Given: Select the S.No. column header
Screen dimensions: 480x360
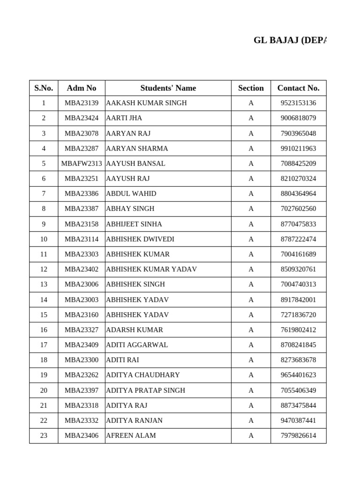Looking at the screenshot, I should click(44, 88).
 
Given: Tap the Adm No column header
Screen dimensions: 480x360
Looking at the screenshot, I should click(82, 88).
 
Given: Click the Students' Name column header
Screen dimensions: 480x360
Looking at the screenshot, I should click(168, 88).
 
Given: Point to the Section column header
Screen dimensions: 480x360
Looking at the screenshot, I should click(251, 88).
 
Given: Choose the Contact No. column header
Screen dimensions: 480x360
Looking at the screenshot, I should click(298, 88).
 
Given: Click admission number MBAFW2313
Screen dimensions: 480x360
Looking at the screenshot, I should click(82, 164).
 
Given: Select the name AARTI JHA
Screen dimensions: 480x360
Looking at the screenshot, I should click(124, 118).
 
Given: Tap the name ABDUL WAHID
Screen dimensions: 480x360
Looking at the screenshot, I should click(131, 194).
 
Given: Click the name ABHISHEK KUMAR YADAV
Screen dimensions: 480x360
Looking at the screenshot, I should click(151, 269).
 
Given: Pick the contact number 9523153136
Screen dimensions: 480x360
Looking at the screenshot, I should click(298, 103).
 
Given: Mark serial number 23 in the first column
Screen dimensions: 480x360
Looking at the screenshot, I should click(44, 435).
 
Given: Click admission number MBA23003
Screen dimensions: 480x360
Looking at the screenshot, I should click(82, 300).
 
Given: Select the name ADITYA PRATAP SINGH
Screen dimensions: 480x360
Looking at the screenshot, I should click(146, 390).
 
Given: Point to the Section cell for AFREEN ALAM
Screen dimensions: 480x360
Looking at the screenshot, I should click(251, 435).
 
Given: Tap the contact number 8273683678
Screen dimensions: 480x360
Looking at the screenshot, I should click(298, 360).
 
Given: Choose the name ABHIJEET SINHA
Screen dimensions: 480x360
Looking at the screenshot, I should click(134, 224).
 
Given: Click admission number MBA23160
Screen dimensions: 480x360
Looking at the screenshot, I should click(82, 315).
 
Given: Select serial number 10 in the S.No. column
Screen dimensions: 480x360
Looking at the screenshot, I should click(44, 239).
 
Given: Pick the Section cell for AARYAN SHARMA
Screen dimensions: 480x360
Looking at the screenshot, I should click(251, 149).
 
